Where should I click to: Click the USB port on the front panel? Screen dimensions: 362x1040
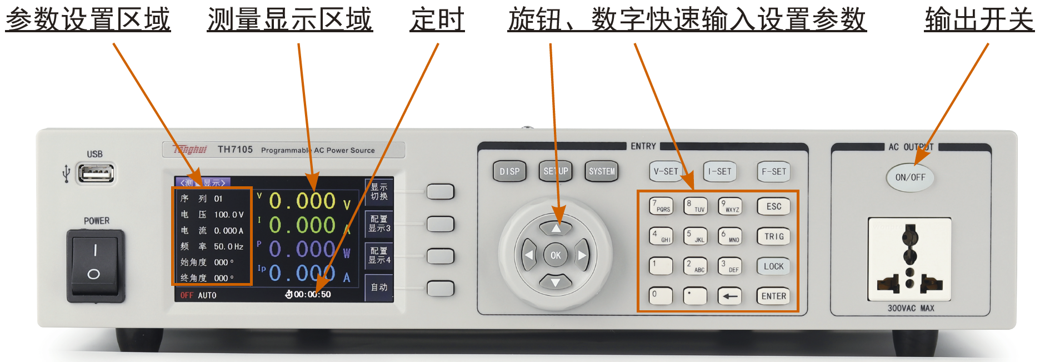[x=96, y=173]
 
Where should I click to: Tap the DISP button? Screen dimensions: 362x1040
[x=509, y=171]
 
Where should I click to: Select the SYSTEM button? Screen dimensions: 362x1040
[x=602, y=171]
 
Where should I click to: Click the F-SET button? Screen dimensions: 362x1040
[x=773, y=171]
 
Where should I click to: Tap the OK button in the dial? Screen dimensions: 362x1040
[x=556, y=255]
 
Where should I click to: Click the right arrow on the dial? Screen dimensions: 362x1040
[x=582, y=255]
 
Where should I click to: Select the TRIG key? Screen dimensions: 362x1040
[x=773, y=236]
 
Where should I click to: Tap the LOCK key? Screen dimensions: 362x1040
[x=773, y=266]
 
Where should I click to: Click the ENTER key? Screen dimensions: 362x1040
[x=773, y=296]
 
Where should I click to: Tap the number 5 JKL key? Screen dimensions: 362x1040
[x=695, y=236]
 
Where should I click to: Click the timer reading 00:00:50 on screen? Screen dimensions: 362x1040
[x=312, y=295]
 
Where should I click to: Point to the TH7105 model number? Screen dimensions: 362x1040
[x=235, y=150]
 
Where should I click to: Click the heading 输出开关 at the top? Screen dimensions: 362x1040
[x=979, y=19]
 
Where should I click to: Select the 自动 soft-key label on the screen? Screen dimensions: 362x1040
[x=379, y=287]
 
